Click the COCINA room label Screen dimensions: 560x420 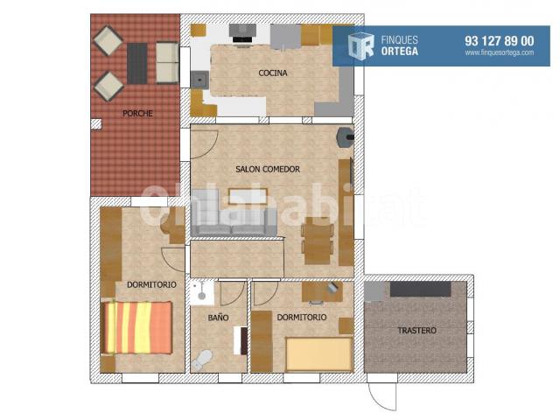pos(273,73)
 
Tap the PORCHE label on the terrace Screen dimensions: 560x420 pos(137,114)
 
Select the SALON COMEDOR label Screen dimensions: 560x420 pos(268,169)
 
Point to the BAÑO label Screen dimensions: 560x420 pos(218,318)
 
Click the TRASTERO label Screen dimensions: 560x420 pos(416,331)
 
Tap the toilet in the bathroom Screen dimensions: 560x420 pos(202,360)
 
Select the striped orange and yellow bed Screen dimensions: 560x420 pos(136,328)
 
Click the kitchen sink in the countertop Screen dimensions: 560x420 pos(199,80)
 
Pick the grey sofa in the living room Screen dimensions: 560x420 pos(234,213)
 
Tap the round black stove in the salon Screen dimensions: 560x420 pos(346,136)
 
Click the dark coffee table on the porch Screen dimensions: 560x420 pos(137,64)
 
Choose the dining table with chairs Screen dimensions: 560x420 pos(317,241)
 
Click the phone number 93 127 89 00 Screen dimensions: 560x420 pos(500,41)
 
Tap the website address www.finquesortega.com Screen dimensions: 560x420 pos(500,52)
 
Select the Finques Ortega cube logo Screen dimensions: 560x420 pos(361,45)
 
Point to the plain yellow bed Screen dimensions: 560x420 pos(318,354)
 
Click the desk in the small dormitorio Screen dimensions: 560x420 pos(322,291)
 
